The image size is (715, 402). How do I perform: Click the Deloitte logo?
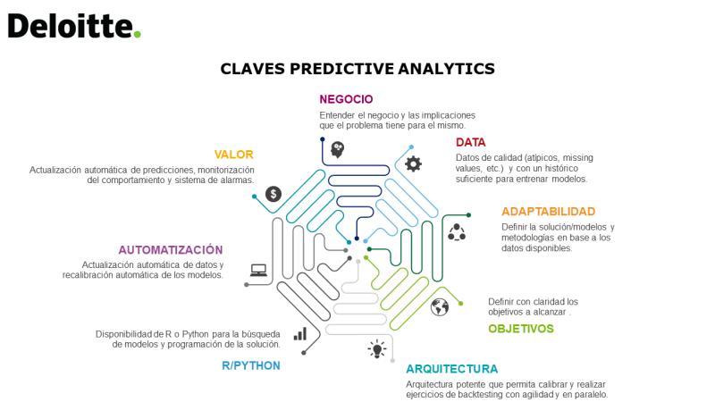coord(74,26)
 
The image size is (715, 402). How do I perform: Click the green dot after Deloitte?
coord(137,34)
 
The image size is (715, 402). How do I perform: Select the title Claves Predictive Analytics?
coord(357,69)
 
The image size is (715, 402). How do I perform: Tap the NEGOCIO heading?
coord(346,99)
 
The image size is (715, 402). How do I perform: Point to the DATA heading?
coord(471,142)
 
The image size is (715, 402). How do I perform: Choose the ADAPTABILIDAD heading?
coord(548,212)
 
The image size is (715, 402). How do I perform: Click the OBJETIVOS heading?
coord(521,329)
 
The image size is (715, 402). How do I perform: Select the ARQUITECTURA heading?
coord(452,369)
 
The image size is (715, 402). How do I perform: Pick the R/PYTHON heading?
coord(251,365)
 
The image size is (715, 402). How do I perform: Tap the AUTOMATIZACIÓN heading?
coord(171,250)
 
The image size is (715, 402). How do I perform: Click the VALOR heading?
coord(233,155)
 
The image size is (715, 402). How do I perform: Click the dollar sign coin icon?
coord(273,194)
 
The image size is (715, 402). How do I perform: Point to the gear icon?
coord(413,163)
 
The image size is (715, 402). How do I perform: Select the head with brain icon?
coord(338,149)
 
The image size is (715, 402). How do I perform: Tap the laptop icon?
coord(258,271)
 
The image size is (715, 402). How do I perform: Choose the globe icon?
coord(440,307)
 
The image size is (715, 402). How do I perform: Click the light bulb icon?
coord(377,349)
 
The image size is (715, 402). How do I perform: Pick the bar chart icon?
coord(300,334)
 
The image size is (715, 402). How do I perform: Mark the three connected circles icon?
coord(457,232)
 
